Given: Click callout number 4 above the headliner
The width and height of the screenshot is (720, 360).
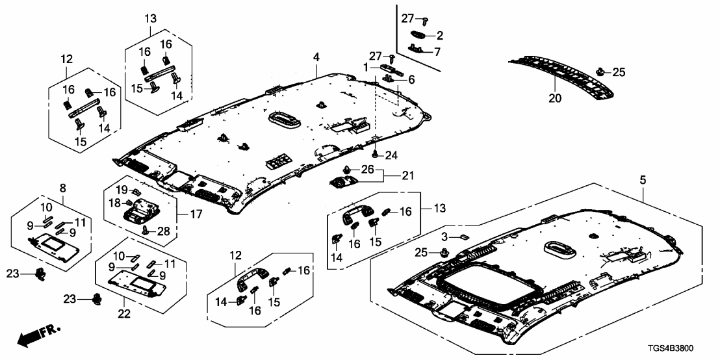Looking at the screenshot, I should tap(316, 58).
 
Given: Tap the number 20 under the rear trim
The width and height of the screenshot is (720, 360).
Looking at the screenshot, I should tap(554, 99).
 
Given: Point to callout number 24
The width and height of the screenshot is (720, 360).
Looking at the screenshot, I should tap(391, 155).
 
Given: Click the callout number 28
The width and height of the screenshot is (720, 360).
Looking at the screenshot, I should tap(162, 231).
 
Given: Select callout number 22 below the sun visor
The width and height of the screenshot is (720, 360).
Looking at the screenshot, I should tap(125, 314).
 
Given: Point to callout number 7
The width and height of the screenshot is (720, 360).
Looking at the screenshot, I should tap(437, 51).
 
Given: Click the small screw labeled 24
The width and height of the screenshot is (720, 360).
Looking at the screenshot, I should tap(376, 154).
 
